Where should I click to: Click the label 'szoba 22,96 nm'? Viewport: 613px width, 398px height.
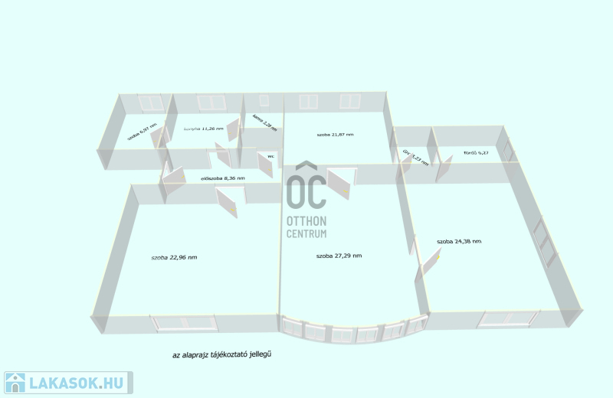point(174,257)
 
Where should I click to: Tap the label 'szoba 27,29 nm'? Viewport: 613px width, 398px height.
point(339,255)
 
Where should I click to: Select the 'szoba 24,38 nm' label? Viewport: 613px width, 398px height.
point(459,242)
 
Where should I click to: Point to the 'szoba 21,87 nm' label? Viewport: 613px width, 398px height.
point(335,135)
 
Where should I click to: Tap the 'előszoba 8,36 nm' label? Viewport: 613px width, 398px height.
point(222,178)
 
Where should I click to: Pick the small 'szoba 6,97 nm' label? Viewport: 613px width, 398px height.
point(142,132)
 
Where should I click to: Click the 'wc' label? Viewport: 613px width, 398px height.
point(270,156)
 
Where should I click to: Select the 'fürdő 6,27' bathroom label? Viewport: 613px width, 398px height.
point(476,153)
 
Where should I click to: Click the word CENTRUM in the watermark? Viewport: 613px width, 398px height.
point(306,233)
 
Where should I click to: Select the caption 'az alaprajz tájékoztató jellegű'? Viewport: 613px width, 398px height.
point(223,354)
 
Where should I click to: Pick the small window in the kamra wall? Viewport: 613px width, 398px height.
point(264,101)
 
